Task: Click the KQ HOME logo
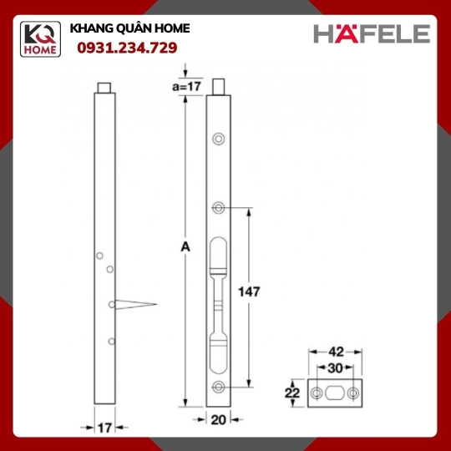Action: [40, 39]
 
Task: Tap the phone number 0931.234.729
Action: [127, 48]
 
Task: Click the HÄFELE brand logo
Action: [372, 33]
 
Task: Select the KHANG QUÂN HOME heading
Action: [129, 28]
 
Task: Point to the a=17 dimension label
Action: [186, 86]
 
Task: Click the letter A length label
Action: [185, 246]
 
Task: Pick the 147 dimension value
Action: [249, 291]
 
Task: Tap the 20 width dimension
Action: [218, 420]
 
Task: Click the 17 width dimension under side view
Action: [104, 428]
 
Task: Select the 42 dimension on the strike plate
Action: [336, 352]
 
